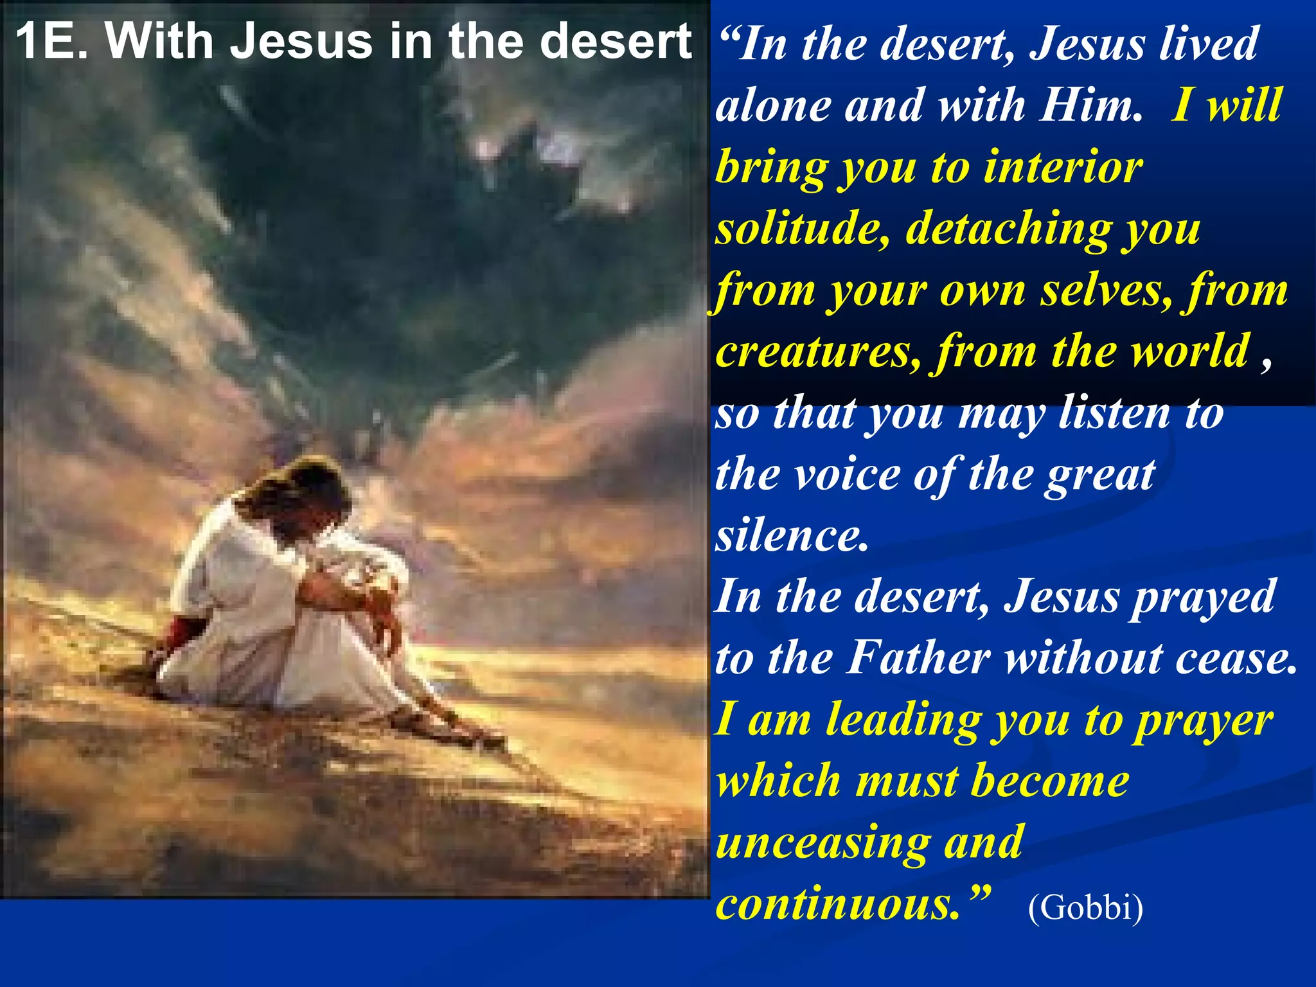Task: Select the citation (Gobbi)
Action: pos(1085,907)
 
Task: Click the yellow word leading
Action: pos(903,721)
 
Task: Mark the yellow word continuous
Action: pos(837,903)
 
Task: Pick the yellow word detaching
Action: pos(1007,229)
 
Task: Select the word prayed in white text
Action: pos(1202,598)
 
